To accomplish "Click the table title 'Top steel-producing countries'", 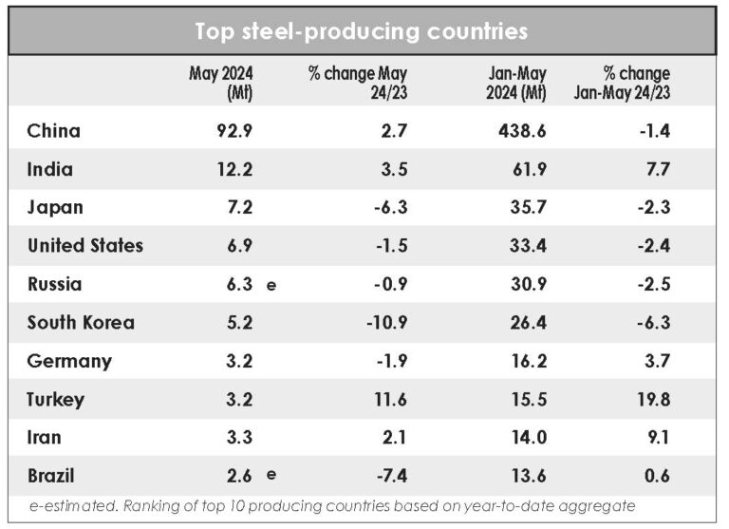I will (x=361, y=31).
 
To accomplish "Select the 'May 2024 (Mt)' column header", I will (x=220, y=83).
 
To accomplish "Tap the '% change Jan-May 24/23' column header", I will (x=635, y=83).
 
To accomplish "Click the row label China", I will (x=54, y=131).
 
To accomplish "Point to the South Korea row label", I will (x=81, y=322).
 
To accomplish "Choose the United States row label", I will (x=85, y=246).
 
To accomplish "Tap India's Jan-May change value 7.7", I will (x=659, y=170).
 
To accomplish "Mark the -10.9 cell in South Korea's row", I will (x=387, y=322).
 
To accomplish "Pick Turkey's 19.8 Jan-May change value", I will (x=654, y=399).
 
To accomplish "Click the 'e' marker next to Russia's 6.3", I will (x=271, y=285).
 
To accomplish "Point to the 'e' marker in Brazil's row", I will (x=271, y=476).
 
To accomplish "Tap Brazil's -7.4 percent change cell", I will (x=392, y=476).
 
